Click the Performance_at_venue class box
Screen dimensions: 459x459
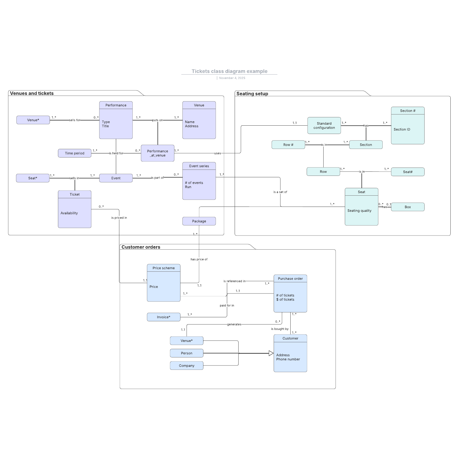pos(157,153)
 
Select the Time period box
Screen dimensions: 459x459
pos(75,153)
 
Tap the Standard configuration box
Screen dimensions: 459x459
pos(324,126)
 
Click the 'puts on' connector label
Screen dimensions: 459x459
pos(157,120)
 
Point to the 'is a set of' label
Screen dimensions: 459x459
pos(280,192)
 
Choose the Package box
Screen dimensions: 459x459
pos(199,221)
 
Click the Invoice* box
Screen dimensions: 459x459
pos(164,317)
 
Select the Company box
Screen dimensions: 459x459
pos(186,365)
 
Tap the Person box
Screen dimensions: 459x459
pos(186,353)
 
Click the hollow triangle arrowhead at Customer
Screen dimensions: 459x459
pos(271,353)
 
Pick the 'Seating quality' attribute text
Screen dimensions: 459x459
pos(359,211)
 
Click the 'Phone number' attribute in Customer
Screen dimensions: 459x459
pos(288,359)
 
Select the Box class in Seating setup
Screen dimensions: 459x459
pos(408,207)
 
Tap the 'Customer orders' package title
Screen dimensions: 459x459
pos(141,247)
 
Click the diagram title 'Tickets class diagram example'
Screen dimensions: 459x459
pos(229,71)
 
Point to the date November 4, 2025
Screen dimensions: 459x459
pos(232,78)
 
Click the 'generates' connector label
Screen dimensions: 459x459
pos(234,324)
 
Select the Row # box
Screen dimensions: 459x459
pos(288,145)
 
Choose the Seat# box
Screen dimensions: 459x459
pos(408,172)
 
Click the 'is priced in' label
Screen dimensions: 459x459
pos(119,218)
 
